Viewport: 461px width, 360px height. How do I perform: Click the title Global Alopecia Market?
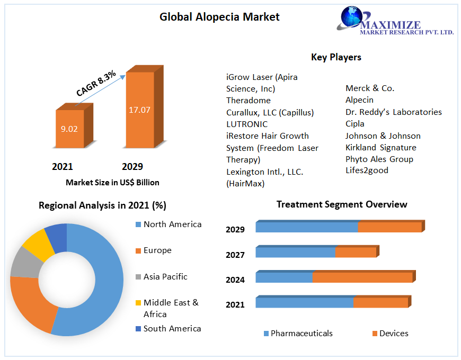pos(219,17)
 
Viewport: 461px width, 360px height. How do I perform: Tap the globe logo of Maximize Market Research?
pos(352,16)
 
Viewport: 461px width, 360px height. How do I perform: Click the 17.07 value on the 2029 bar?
pos(139,110)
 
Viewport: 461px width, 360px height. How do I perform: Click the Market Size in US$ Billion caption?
pos(112,182)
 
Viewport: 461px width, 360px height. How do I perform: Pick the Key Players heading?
pos(336,57)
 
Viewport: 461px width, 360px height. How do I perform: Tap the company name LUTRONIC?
pos(247,124)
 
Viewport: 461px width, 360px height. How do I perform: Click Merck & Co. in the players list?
pos(370,88)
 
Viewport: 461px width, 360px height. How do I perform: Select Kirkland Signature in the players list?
pos(380,147)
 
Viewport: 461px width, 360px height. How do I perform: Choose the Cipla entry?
pos(355,123)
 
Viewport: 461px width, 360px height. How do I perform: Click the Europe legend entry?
pos(157,250)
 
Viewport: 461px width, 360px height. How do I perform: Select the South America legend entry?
pos(172,329)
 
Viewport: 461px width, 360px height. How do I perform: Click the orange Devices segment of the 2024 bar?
pos(362,277)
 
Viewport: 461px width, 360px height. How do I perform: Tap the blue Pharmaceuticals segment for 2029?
pos(306,227)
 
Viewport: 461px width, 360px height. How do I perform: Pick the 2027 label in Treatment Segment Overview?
pos(235,255)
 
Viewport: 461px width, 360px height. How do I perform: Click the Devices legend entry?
pos(393,333)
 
